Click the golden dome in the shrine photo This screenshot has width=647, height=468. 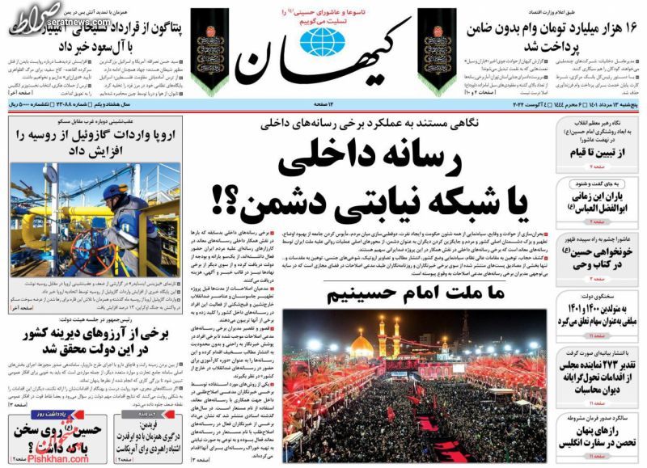[362, 345]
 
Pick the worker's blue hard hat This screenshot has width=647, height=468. [115, 192]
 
